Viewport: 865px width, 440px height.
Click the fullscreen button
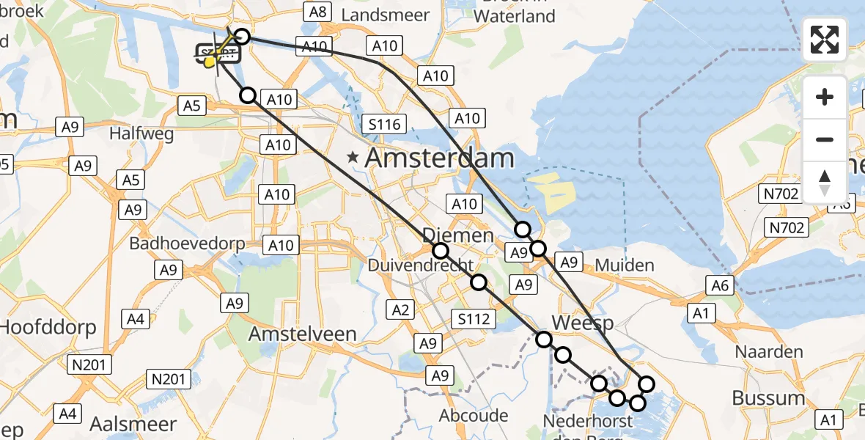tap(825, 40)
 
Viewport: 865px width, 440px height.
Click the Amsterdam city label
tap(439, 158)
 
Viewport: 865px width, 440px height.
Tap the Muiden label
tap(625, 264)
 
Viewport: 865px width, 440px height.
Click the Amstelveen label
tap(303, 334)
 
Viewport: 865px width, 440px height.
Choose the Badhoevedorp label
tap(187, 243)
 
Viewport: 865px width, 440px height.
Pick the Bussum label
tap(769, 398)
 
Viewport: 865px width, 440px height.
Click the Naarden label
tap(770, 352)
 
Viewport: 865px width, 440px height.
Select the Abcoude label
tap(474, 416)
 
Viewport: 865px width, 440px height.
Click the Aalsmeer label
tap(133, 424)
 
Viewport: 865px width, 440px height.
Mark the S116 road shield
tap(384, 124)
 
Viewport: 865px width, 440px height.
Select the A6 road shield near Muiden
tap(720, 285)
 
